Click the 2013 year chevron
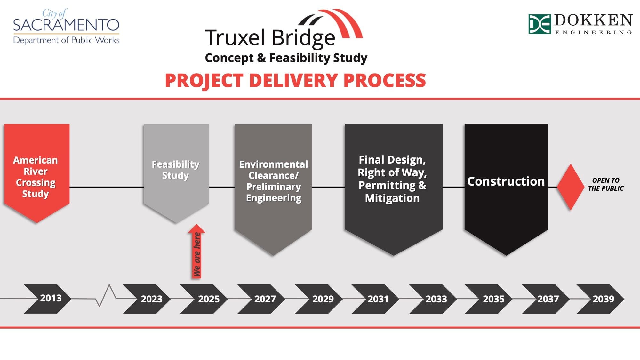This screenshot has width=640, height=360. (48, 299)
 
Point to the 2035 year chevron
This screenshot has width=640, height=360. (489, 299)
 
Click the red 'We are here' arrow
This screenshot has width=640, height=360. (196, 251)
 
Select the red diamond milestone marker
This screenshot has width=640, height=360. (571, 187)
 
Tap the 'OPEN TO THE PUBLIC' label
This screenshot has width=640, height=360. (606, 184)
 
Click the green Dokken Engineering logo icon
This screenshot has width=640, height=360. (540, 24)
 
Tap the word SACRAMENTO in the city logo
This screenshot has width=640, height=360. (66, 25)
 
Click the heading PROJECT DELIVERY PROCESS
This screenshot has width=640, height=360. (295, 80)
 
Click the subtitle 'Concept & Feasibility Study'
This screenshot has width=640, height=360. (286, 58)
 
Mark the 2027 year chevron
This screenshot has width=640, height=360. (261, 299)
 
